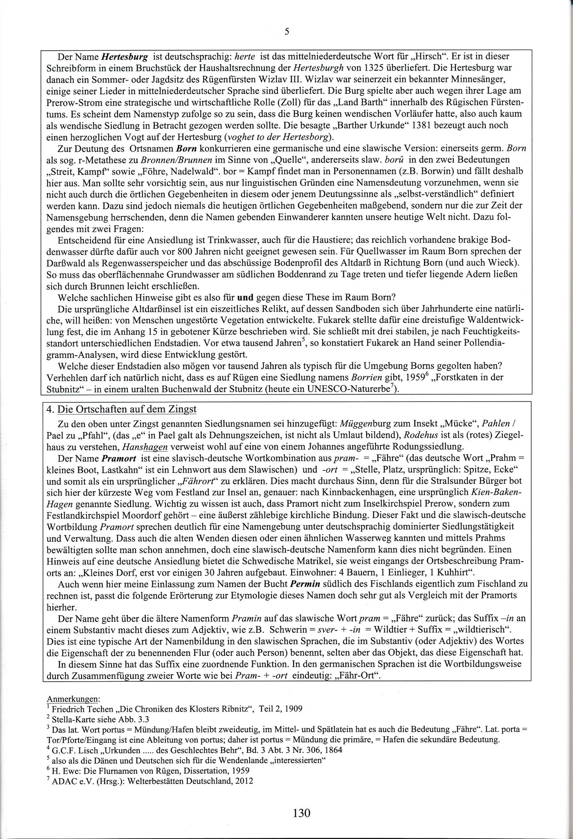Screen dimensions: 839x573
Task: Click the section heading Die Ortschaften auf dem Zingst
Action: point(127,409)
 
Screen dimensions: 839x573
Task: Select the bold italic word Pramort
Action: point(122,458)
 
